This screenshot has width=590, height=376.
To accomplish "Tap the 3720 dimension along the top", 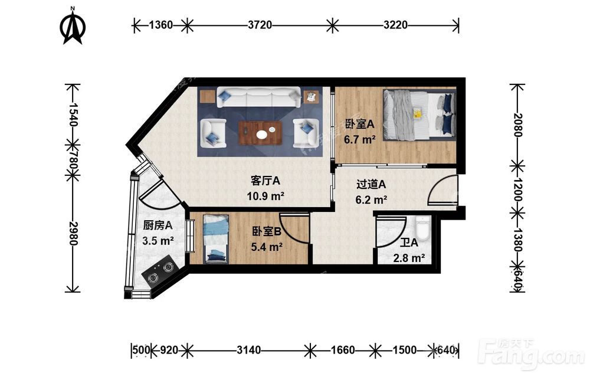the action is (260, 25).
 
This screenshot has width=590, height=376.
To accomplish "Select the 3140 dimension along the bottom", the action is (249, 351).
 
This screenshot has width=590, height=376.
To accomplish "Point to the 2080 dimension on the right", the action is (518, 125).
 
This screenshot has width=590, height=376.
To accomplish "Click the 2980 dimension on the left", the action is (73, 233).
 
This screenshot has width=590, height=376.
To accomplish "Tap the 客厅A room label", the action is (265, 181).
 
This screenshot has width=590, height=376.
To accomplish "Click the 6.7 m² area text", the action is (359, 140).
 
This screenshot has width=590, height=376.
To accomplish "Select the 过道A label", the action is (371, 184).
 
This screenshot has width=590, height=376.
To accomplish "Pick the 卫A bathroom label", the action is (409, 243).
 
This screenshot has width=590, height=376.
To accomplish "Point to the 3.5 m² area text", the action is (158, 240).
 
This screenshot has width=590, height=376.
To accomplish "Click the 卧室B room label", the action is (267, 232).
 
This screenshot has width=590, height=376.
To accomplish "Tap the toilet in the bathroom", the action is (423, 228).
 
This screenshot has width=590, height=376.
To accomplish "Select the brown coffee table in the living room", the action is (260, 133).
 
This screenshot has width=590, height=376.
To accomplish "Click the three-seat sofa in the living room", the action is (258, 97).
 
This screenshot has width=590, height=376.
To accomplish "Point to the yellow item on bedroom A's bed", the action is (417, 113).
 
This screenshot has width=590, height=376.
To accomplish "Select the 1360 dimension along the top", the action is (160, 25).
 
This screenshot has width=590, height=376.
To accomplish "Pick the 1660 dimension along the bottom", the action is (342, 351).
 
